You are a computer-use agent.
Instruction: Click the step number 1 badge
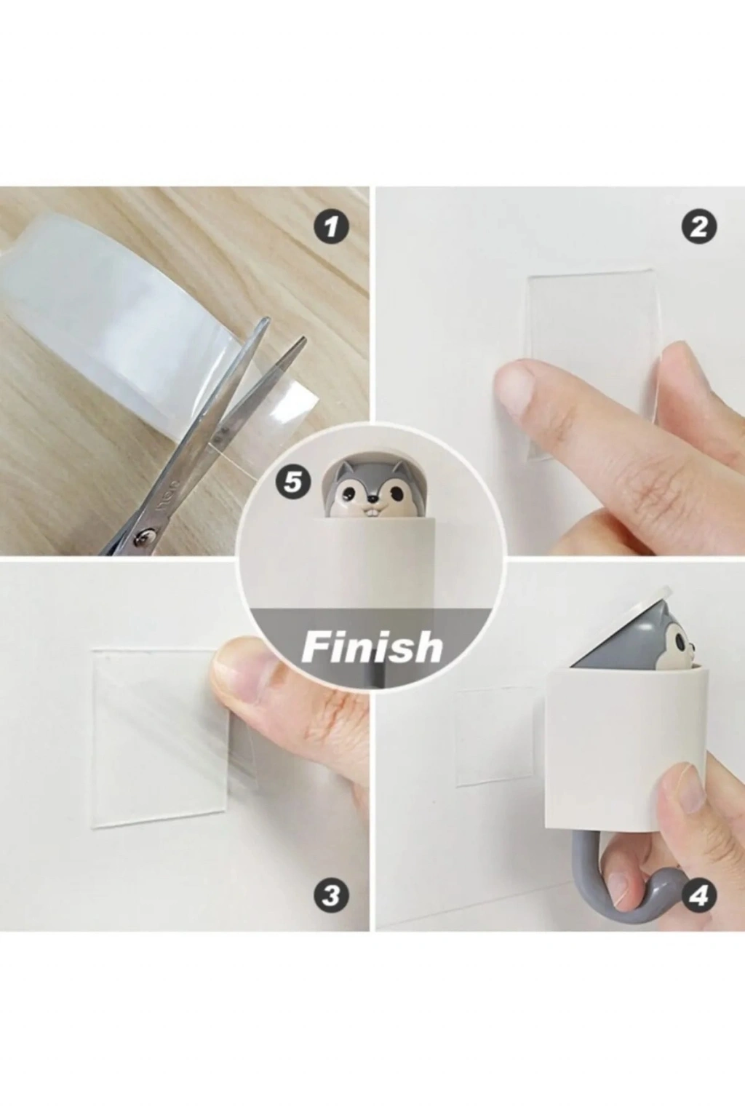330,228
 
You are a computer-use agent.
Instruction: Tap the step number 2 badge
699,228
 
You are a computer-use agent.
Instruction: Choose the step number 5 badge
294,483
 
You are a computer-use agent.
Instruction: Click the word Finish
372,647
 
